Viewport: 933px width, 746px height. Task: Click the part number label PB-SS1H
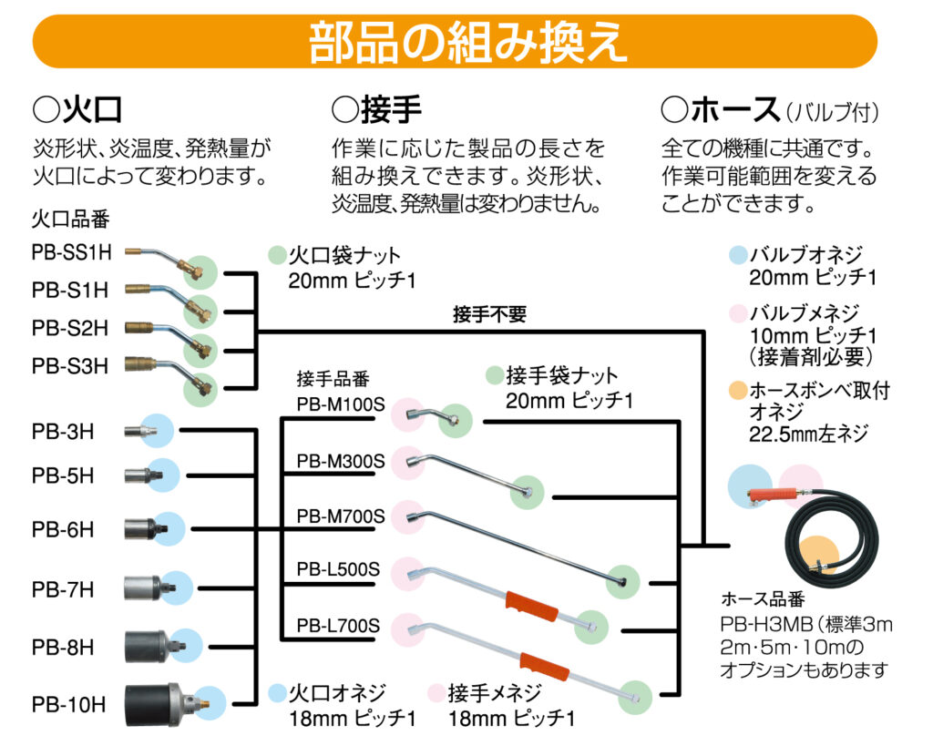[71, 254]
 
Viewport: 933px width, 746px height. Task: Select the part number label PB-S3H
[70, 366]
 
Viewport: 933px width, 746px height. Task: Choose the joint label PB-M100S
[340, 404]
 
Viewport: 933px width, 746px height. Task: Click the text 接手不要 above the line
[489, 315]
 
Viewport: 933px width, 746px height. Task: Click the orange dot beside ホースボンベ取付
[738, 391]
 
